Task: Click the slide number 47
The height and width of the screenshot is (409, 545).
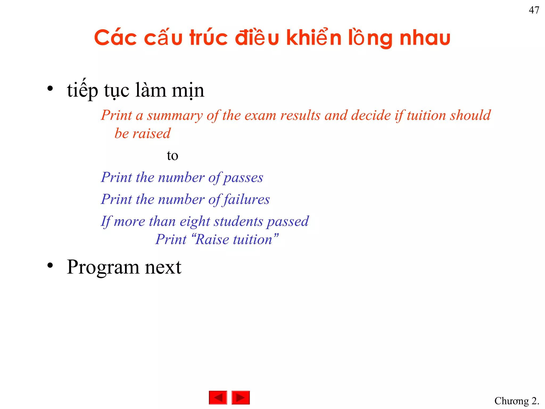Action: coord(534,10)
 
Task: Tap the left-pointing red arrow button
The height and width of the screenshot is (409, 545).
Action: coord(218,398)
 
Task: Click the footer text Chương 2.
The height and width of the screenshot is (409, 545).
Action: coord(517,401)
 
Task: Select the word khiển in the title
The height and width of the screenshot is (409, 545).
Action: coord(314,38)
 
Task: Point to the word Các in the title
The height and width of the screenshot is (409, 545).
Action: coord(115,38)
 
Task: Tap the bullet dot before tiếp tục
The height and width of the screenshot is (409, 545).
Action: coord(50,89)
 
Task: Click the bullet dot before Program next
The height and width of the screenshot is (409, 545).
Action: coord(50,265)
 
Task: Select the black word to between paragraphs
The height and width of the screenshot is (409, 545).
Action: coord(172,156)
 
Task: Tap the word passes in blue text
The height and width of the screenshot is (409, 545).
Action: coord(243,178)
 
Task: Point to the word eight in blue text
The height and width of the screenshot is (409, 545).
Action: coord(195,222)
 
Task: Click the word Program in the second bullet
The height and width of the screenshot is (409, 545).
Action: coord(103,267)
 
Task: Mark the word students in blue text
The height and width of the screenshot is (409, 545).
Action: coord(238,222)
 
